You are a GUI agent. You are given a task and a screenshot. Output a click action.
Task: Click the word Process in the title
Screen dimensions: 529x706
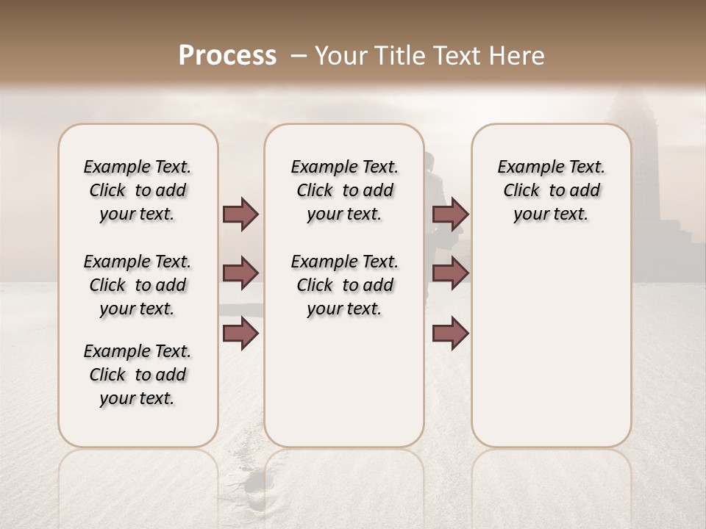click(x=227, y=56)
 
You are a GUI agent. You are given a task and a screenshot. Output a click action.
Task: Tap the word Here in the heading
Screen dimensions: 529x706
click(x=518, y=56)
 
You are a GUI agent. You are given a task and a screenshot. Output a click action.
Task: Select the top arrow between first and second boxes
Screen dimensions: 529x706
click(x=240, y=214)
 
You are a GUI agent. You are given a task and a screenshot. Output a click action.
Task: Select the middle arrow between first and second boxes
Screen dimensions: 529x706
click(x=240, y=273)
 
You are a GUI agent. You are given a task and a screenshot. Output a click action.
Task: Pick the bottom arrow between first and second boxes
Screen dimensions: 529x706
click(x=240, y=333)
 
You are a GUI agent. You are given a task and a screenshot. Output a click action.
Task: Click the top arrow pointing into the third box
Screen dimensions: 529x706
click(x=450, y=214)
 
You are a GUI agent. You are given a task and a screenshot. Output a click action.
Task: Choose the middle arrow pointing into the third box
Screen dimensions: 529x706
click(x=450, y=273)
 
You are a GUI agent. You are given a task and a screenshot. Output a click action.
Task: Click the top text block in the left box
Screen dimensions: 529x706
click(x=138, y=190)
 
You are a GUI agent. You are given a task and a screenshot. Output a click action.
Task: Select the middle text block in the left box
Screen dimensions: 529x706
click(x=138, y=285)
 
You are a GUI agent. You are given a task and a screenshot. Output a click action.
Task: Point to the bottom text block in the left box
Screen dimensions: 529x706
click(x=138, y=375)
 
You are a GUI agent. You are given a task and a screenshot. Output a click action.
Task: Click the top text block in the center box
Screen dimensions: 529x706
click(x=345, y=190)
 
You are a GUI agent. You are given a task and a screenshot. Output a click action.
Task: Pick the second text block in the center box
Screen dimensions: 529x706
click(x=345, y=285)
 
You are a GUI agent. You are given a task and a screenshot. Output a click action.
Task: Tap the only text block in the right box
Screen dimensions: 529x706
click(x=552, y=190)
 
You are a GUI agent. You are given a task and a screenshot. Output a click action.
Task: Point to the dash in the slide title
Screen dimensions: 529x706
click(x=299, y=56)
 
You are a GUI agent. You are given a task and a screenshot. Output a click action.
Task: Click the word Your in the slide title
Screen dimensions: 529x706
click(x=342, y=56)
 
